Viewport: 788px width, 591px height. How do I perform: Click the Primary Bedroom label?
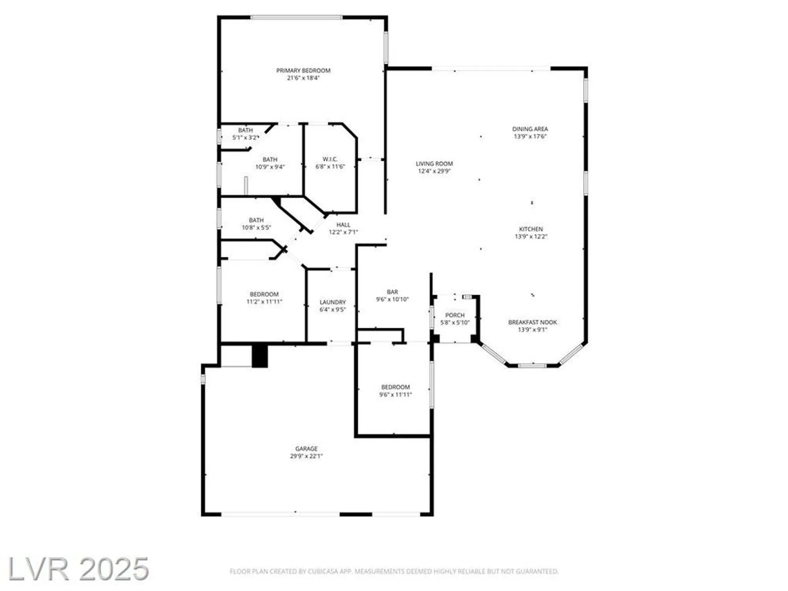click(x=303, y=71)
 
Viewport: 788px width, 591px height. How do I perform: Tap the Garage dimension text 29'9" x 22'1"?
click(x=306, y=456)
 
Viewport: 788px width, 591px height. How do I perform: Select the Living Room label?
click(x=434, y=164)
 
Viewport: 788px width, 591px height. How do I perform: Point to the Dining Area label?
click(x=530, y=129)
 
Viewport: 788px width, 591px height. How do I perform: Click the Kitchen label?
click(x=531, y=229)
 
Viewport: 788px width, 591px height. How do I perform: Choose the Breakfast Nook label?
click(x=532, y=322)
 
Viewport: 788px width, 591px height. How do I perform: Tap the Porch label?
click(x=455, y=315)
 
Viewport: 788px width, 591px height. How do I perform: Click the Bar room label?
click(x=392, y=292)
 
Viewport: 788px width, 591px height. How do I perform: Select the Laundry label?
click(x=333, y=302)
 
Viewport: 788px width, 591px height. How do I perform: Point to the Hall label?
click(x=343, y=225)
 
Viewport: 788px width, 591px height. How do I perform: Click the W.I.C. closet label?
click(x=330, y=159)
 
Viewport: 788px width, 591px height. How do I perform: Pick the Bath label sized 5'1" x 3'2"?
click(x=245, y=130)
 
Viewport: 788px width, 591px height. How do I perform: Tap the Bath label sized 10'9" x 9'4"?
click(x=270, y=160)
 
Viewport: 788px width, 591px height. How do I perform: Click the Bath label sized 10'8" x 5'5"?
click(x=256, y=220)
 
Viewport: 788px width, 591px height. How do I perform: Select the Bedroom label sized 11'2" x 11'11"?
click(x=264, y=294)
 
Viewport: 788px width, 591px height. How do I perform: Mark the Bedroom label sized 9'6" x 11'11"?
click(x=395, y=387)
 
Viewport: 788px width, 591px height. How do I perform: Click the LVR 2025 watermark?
click(x=78, y=569)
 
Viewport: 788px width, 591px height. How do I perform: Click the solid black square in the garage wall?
click(x=260, y=356)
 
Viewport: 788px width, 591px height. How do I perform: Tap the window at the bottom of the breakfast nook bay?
click(x=532, y=366)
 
